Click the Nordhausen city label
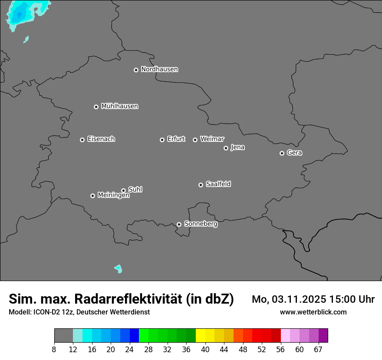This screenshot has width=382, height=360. pos(159,69)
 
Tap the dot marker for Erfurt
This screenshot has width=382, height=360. pos(162,140)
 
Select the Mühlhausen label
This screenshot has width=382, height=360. pos(119,106)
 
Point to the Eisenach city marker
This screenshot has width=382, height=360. pos(82,140)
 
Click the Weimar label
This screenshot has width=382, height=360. pos(212,139)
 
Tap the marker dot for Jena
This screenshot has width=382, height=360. pos(226,148)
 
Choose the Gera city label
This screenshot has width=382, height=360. pos(294,153)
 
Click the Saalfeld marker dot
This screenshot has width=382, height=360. pos(201,185)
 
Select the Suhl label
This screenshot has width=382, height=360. pos(135,190)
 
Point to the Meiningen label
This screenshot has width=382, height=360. pos(113,196)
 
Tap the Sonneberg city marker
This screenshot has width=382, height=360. pos(179,224)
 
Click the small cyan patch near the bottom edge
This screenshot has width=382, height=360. pos(118,268)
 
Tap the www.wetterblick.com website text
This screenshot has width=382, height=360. pos(313,312)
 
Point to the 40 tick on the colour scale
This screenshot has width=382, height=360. pos(205,349)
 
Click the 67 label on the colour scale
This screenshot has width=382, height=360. pos(318,349)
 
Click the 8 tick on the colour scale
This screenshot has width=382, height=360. pos(54,349)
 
